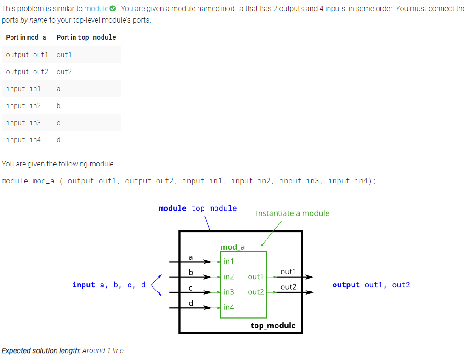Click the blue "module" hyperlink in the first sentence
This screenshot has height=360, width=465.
96,9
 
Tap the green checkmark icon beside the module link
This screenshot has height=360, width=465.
113,9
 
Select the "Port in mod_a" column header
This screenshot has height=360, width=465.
26,37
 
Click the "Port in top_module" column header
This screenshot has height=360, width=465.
86,37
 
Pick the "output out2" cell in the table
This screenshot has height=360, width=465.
27,72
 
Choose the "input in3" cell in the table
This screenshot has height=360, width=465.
23,123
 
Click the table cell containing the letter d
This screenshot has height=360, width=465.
58,140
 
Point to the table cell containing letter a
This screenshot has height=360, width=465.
58,89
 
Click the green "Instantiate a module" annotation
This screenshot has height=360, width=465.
292,213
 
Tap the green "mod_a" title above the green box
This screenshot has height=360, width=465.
232,247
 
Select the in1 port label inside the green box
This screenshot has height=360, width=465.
228,261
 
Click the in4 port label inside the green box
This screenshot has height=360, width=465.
229,307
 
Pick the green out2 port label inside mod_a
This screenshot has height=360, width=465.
256,292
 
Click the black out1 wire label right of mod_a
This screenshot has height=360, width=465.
288,272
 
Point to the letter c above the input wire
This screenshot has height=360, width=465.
190,288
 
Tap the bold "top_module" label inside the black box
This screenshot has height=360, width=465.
273,326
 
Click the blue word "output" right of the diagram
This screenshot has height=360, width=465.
346,285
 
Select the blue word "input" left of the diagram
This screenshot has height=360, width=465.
84,285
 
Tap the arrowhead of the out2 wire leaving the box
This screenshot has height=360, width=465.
310,292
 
